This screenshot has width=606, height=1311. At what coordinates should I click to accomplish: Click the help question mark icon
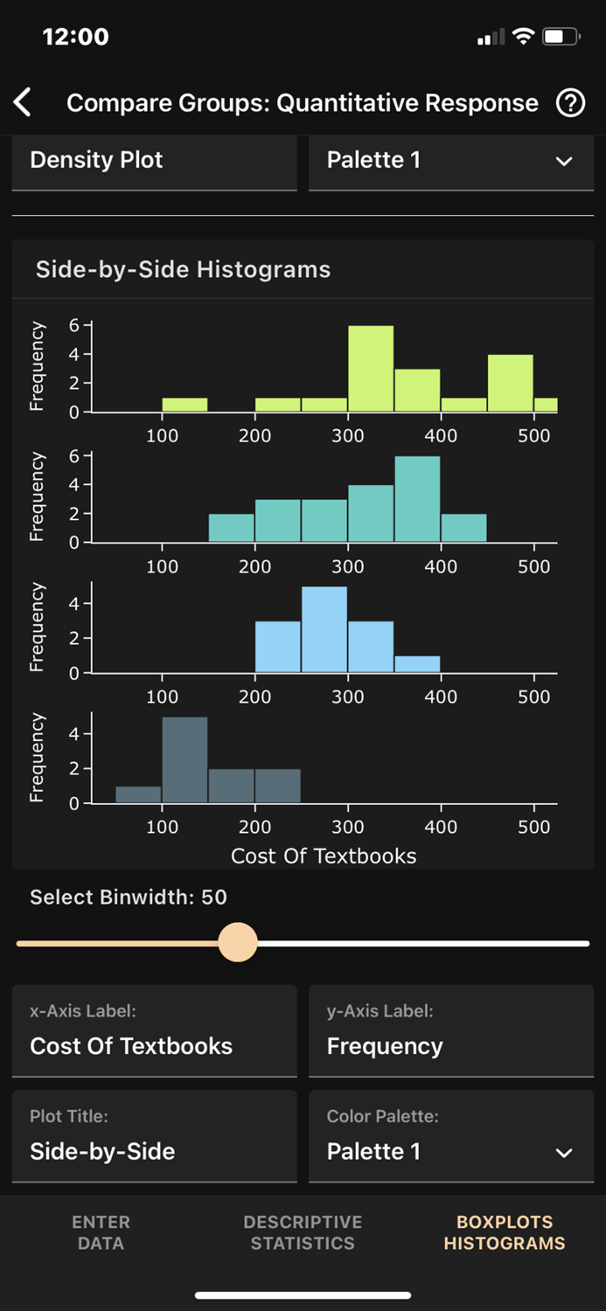point(570,103)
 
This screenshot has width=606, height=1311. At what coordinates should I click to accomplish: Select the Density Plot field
point(154,161)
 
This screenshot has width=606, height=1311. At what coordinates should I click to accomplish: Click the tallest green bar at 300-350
point(371,368)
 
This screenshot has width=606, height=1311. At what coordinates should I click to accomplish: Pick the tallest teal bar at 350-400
point(417,499)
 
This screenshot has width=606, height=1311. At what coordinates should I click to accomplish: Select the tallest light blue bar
point(324,629)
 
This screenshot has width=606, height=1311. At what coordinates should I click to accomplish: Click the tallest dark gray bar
point(185,760)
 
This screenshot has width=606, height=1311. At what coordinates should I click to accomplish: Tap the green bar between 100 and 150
point(185,405)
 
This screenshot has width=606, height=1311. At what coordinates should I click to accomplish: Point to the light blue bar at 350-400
point(417,664)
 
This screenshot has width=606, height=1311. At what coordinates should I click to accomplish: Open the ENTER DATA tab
point(101,1232)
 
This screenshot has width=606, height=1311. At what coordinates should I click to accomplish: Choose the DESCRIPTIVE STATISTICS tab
point(303,1232)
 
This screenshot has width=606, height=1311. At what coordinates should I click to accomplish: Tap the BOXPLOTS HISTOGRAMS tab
point(505,1232)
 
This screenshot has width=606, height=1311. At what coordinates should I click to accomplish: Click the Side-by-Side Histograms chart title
point(183,269)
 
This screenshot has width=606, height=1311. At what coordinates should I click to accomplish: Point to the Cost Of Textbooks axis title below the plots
point(324,856)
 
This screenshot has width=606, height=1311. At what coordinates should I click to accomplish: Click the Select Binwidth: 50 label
point(129,898)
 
